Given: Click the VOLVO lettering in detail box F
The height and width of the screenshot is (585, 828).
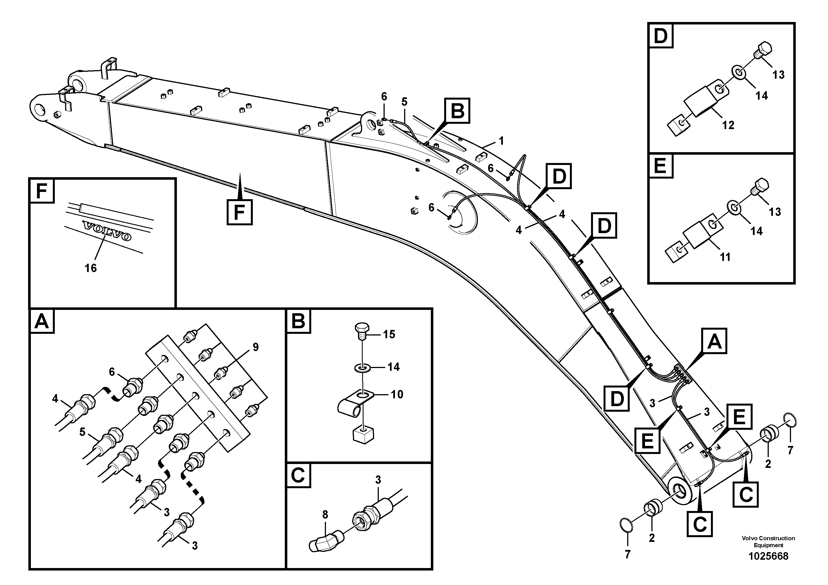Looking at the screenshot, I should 107,231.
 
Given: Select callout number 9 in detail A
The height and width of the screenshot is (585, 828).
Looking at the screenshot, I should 255,347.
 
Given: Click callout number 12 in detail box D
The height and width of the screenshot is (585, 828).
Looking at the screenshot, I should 728,125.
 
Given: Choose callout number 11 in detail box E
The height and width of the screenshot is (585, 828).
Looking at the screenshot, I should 725,257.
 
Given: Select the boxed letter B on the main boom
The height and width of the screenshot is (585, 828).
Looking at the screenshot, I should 457,111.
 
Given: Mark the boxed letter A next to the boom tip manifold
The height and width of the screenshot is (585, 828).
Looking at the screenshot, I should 714,341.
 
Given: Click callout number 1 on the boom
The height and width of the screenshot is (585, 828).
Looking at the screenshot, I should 501,141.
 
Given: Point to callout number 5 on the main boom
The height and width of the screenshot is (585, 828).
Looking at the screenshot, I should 404,102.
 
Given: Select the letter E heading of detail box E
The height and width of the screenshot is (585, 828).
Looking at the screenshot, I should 660,167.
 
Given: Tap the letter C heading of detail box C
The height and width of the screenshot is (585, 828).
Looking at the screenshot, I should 298,476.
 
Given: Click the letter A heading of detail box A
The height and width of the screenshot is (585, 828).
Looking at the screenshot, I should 42,321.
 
